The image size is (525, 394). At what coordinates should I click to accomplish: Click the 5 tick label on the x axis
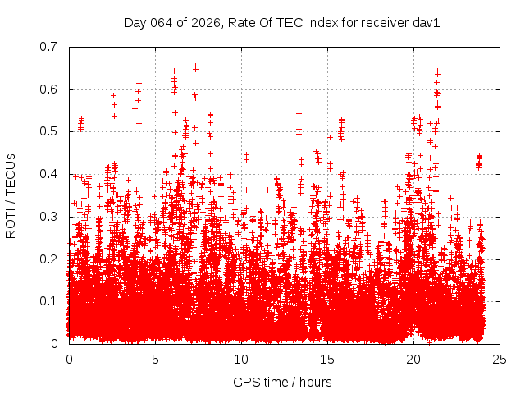pyautogui.click(x=155, y=360)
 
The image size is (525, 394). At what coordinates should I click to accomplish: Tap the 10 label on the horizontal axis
pyautogui.click(x=241, y=360)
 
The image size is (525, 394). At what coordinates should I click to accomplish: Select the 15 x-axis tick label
pyautogui.click(x=327, y=360)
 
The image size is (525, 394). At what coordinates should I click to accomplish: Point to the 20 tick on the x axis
pyautogui.click(x=413, y=360)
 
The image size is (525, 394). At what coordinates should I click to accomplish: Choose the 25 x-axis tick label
pyautogui.click(x=500, y=360)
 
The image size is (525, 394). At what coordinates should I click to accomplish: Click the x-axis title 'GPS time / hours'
pyautogui.click(x=282, y=382)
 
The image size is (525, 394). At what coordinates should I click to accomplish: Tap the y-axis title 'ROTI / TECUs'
pyautogui.click(x=11, y=195)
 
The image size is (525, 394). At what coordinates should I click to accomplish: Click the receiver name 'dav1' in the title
pyautogui.click(x=428, y=23)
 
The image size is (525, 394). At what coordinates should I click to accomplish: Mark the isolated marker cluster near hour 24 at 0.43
pyautogui.click(x=479, y=161)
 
